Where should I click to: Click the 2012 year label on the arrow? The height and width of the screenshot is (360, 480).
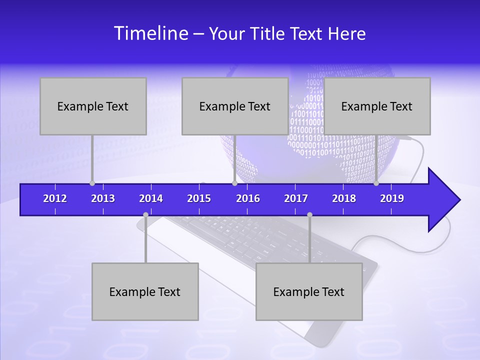[x=55, y=198]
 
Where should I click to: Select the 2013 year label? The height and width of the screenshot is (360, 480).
[x=103, y=198]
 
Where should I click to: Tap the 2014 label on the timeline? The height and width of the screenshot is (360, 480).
[x=151, y=198]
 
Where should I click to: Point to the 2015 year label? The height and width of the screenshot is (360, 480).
[x=199, y=198]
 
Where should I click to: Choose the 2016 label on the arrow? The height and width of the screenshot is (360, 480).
[x=248, y=198]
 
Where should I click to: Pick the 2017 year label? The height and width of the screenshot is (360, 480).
[x=296, y=198]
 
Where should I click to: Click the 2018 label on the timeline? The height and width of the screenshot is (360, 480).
[x=344, y=198]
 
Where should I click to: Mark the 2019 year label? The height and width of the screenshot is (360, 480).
[x=392, y=198]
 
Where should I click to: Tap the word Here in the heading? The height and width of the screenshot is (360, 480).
[x=346, y=33]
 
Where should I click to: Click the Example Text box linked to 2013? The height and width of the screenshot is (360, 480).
[x=93, y=106]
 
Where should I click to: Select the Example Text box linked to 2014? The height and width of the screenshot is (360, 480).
[x=145, y=292]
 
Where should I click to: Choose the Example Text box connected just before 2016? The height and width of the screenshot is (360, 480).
[x=235, y=106]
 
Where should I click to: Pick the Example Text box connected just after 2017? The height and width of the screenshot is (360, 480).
[x=309, y=292]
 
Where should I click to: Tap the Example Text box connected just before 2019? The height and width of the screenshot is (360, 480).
[x=377, y=106]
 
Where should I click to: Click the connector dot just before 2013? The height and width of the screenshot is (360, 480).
[x=92, y=183]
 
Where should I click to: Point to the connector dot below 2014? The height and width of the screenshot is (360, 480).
[x=145, y=215]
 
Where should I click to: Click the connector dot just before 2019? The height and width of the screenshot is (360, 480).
[x=376, y=183]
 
